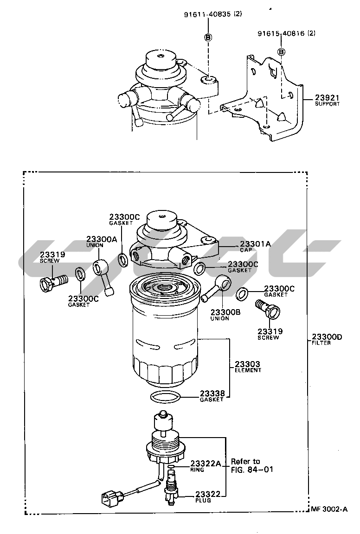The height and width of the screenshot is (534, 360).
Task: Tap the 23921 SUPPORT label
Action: [x=327, y=101]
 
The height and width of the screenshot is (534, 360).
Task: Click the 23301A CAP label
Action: [x=255, y=246]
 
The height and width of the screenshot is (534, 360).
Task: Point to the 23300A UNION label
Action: [x=101, y=242]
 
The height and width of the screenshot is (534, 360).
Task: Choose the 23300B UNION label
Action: [x=225, y=315]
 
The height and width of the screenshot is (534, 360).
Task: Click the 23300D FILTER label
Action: [x=327, y=339]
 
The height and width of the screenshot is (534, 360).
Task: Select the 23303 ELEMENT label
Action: [x=248, y=367]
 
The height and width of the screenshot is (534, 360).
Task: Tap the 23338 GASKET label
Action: [x=212, y=396]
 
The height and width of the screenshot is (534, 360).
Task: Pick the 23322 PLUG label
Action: [x=208, y=497]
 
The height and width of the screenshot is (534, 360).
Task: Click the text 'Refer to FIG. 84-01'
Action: [x=252, y=465]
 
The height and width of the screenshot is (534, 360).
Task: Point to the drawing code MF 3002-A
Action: [x=329, y=509]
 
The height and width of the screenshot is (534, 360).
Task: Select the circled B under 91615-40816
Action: [x=281, y=52]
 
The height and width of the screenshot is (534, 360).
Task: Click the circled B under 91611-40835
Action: [x=208, y=38]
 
